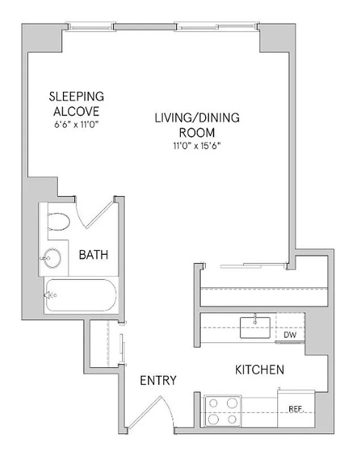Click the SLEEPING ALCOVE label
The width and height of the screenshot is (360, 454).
(x=76, y=103)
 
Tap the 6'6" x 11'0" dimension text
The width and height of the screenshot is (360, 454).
(x=76, y=123)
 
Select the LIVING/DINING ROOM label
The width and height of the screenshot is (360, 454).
(x=197, y=125)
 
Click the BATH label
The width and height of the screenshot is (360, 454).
(x=94, y=255)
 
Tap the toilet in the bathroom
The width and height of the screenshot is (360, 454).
(x=57, y=221)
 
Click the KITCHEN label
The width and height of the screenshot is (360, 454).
(x=259, y=370)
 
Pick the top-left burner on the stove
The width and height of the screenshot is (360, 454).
(x=214, y=403)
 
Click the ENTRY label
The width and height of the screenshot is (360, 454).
(x=158, y=380)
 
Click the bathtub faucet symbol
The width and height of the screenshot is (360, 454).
(x=50, y=295)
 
